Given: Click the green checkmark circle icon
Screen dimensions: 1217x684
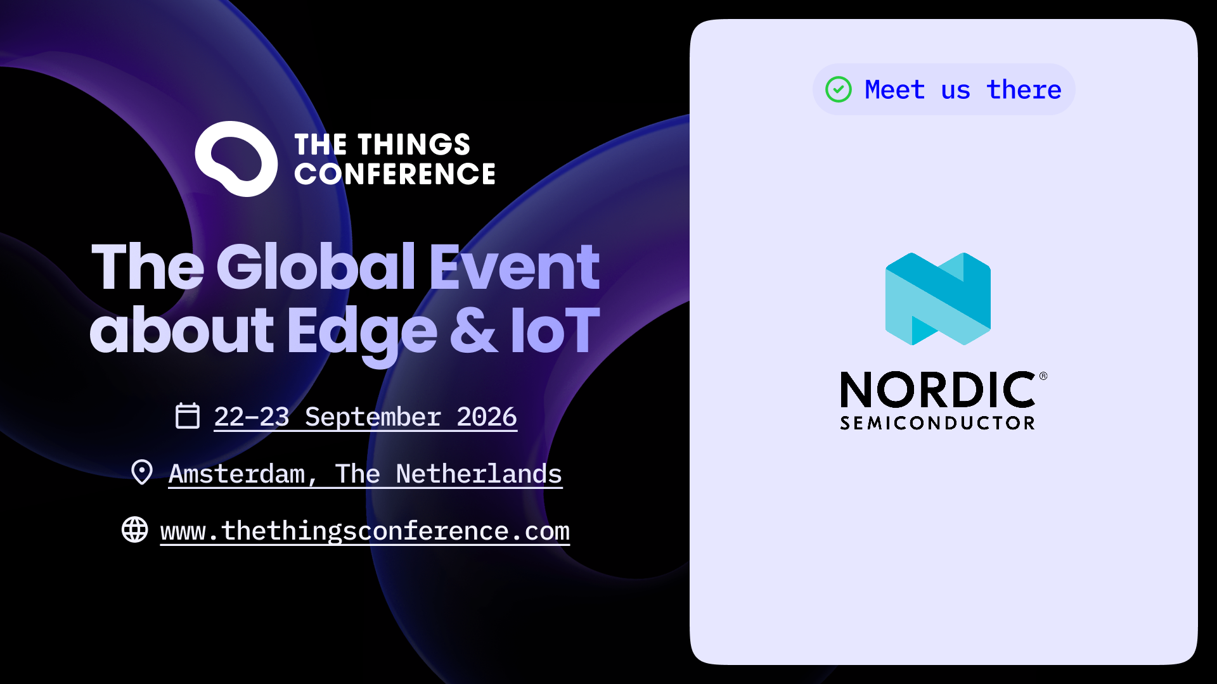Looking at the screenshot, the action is (839, 89).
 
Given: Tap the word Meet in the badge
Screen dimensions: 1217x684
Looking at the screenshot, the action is (894, 89).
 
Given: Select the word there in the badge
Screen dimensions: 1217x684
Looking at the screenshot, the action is (1024, 89).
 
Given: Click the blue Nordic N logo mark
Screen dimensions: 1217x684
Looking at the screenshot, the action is (938, 299).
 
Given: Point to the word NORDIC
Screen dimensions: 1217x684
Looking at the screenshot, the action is (938, 389).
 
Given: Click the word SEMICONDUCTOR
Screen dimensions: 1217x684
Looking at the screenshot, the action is (937, 423).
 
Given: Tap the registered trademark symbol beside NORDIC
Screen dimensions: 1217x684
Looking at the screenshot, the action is (1043, 376).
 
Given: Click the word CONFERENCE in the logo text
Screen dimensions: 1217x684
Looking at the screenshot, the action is (395, 174).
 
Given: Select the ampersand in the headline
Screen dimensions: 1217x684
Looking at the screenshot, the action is (473, 330).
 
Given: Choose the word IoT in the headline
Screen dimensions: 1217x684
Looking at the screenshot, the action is (555, 330).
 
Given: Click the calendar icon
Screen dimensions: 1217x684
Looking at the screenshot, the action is (188, 415).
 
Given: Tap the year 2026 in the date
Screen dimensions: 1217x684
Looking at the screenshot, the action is (487, 417).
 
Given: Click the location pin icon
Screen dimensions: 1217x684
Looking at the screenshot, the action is (142, 472).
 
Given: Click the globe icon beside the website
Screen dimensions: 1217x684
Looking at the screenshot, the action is (135, 529).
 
